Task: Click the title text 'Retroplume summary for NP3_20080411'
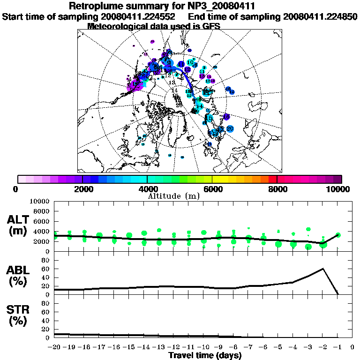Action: pos(162,7)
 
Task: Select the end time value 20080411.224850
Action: pos(321,17)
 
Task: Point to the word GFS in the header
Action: pos(210,26)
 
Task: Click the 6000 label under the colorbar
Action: pos(212,189)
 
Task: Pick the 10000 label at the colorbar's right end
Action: pos(337,189)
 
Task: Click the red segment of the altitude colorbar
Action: pos(273,179)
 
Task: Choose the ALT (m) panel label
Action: pos(18,225)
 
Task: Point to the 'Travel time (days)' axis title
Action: pos(205,356)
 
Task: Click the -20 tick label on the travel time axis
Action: pos(54,347)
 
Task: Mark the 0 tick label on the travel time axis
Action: pos(352,347)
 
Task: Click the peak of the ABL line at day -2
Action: pos(323,269)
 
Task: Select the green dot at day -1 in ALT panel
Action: pos(338,235)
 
